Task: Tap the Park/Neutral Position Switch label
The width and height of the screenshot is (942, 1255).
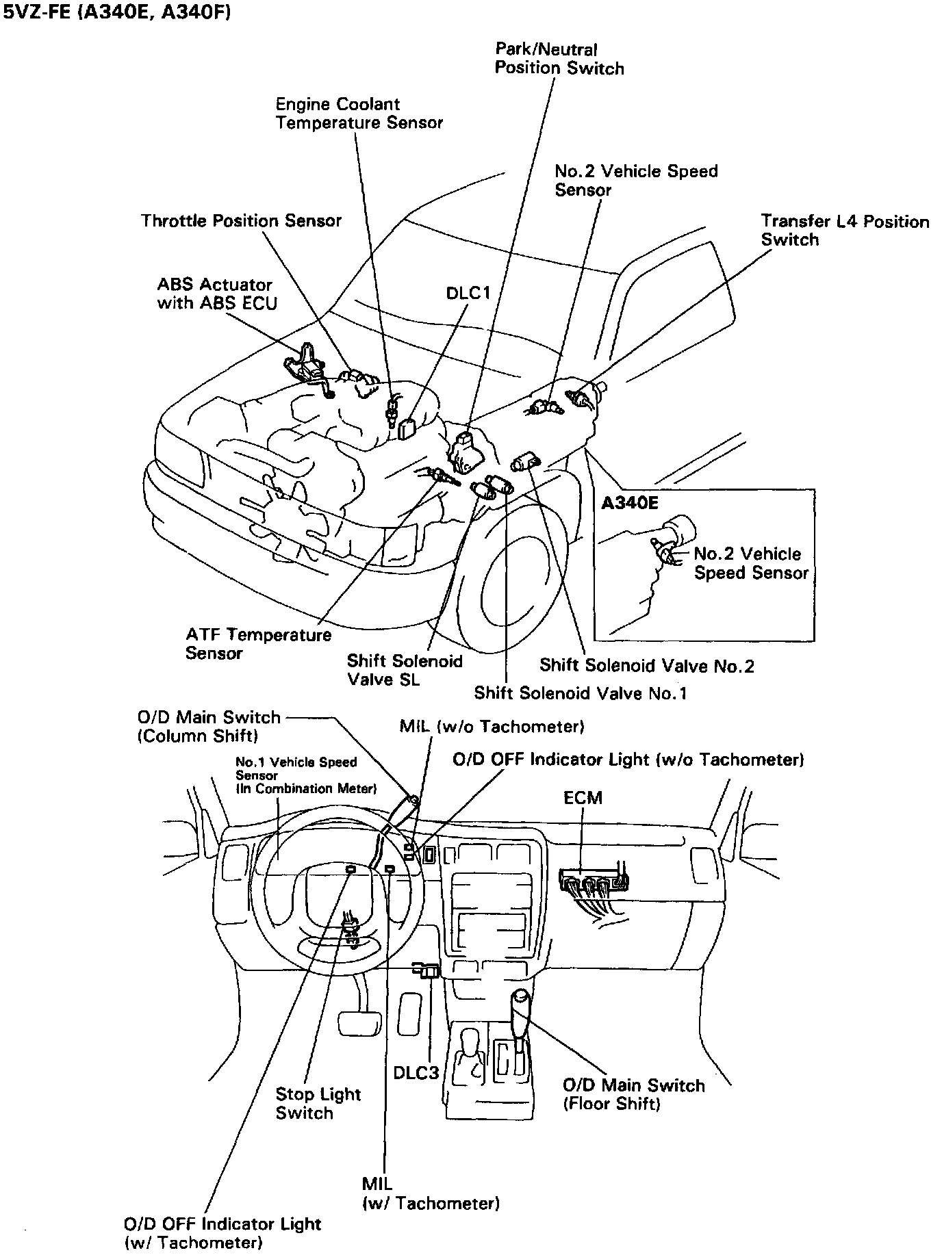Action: pos(559,59)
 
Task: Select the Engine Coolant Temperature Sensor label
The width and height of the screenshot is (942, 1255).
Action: pos(359,114)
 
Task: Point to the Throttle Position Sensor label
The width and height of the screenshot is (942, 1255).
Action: pos(241,221)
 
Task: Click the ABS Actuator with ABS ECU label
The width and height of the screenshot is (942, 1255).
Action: pos(216,294)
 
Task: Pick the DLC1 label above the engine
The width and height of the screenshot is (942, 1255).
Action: pos(468,293)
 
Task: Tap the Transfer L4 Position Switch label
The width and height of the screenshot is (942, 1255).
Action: pos(844,231)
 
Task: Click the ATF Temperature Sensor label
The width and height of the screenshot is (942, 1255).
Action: pos(257,644)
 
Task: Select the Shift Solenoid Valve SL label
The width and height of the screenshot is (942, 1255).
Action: pos(404,670)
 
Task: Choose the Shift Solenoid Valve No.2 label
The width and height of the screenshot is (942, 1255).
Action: pos(646,665)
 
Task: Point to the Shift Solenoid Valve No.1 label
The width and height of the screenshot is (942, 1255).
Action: pos(580,693)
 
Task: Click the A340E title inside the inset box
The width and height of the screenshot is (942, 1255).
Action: pos(629,504)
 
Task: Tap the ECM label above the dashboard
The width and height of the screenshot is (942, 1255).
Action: pos(583,798)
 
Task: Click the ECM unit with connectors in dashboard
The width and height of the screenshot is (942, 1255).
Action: pos(594,883)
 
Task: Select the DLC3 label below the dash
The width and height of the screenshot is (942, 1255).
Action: pos(416,1072)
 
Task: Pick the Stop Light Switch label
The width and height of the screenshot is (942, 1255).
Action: pos(318,1103)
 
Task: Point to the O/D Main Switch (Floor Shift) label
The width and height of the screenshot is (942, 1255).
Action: pos(633,1094)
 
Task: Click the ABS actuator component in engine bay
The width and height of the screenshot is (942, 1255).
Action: pos(306,366)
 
